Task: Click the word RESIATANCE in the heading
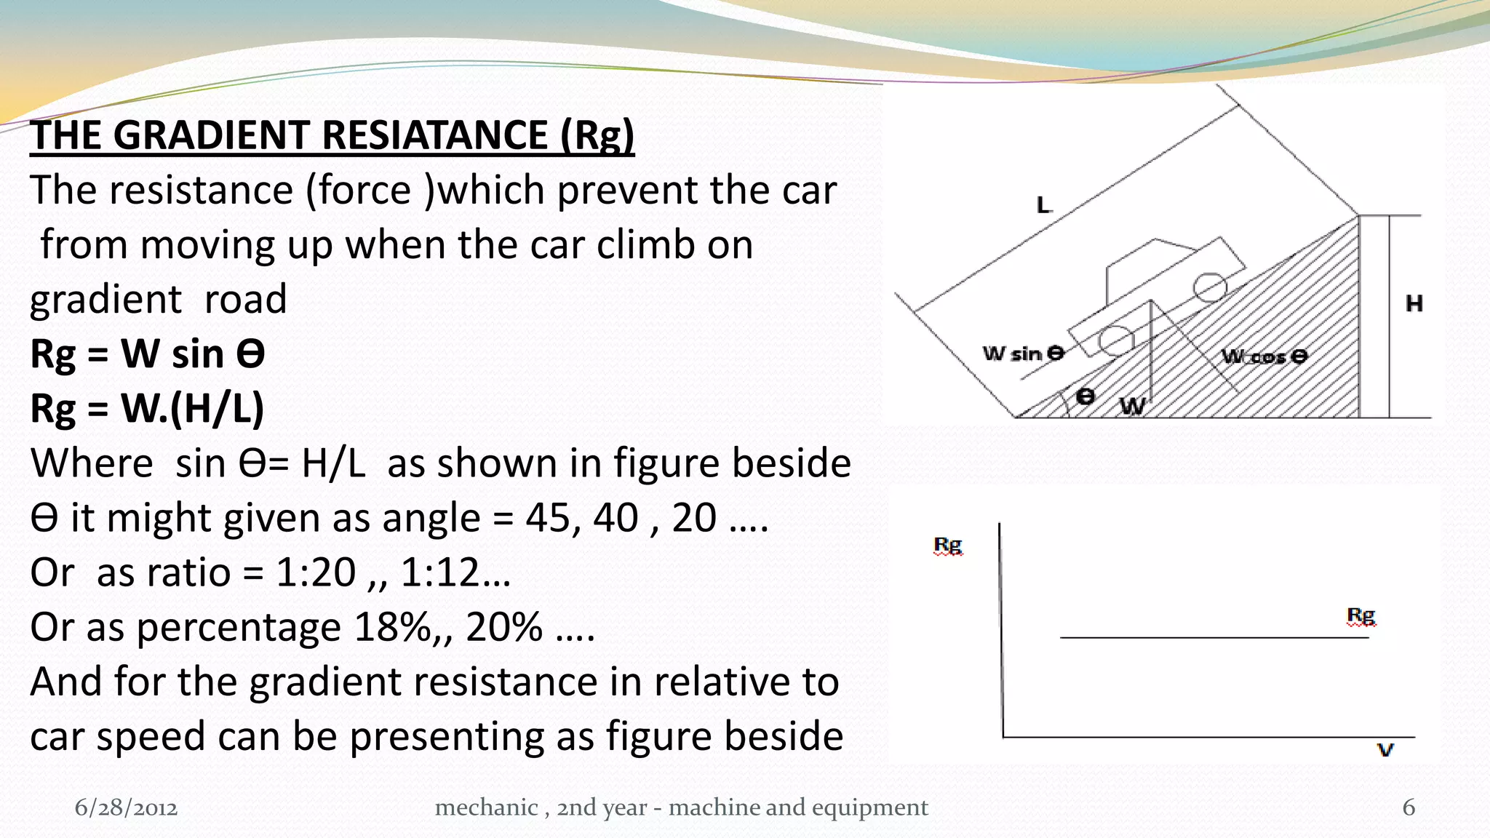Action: [434, 135]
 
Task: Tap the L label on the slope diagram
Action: [1044, 205]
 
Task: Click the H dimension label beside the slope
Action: [1414, 303]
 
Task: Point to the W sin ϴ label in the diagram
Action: [1023, 354]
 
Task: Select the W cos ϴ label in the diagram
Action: [1264, 356]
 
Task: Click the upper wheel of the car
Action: [1210, 287]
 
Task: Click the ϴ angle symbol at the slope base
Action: [1085, 396]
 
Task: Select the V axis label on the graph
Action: [1385, 750]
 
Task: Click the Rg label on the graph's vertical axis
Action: [947, 545]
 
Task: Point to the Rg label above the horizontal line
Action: [1360, 616]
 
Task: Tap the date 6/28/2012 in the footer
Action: [126, 807]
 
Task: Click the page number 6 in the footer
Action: [1409, 807]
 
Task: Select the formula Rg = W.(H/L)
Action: [147, 408]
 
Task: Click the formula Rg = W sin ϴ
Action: [147, 354]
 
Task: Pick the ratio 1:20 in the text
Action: [316, 572]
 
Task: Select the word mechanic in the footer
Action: [486, 807]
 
